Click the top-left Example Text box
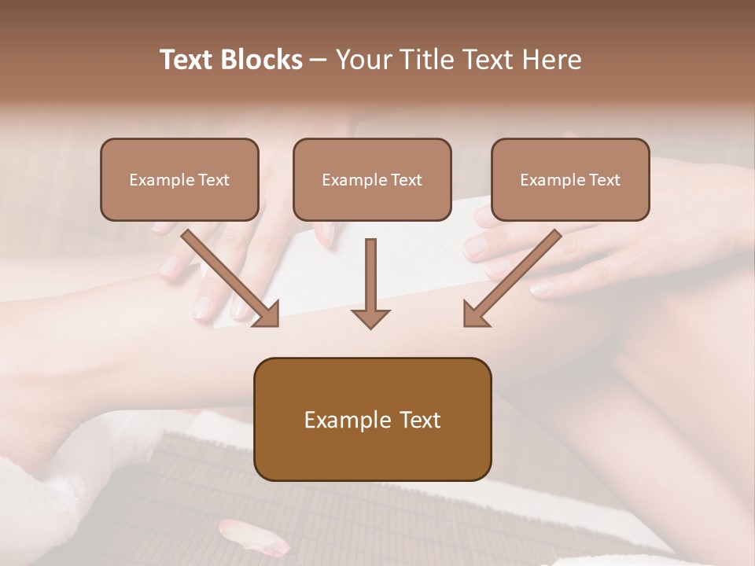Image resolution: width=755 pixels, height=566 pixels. coord(179,179)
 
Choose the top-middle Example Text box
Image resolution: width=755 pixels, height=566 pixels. coord(372,179)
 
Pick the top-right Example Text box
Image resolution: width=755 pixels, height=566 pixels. coord(570,179)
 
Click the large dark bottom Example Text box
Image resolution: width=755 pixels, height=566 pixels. coord(372,419)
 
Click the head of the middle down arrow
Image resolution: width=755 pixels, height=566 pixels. coord(370,318)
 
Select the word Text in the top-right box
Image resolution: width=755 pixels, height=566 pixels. coord(605,179)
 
